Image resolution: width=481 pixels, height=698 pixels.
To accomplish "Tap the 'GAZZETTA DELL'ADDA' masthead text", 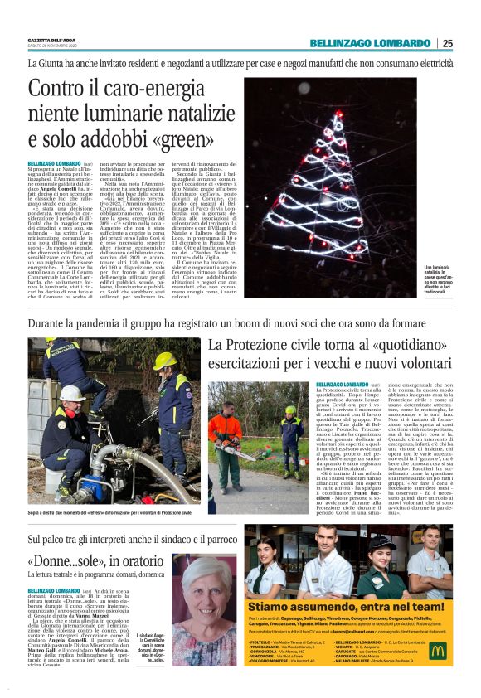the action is (x=51, y=40).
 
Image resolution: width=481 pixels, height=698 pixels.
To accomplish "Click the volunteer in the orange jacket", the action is (x=226, y=431).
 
